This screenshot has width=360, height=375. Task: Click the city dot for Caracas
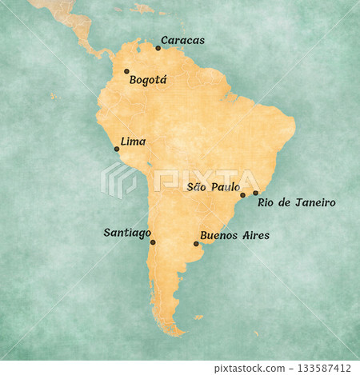158,48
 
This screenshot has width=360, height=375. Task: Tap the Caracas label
182,40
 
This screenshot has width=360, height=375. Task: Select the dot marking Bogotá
126,71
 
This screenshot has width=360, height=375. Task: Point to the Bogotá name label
147,80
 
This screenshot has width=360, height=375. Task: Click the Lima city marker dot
117,149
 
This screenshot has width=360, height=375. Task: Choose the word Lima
133,142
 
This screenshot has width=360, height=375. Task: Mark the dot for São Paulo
242,195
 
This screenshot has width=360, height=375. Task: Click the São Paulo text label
212,187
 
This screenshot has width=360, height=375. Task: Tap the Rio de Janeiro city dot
256,193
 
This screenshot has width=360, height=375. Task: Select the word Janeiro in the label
314,203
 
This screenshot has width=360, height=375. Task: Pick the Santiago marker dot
153,242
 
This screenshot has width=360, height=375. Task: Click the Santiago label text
127,233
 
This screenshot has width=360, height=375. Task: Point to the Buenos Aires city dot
196,244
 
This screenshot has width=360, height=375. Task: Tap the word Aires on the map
255,236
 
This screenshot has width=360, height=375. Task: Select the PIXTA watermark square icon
118,181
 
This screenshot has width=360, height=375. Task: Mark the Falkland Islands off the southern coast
198,317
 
